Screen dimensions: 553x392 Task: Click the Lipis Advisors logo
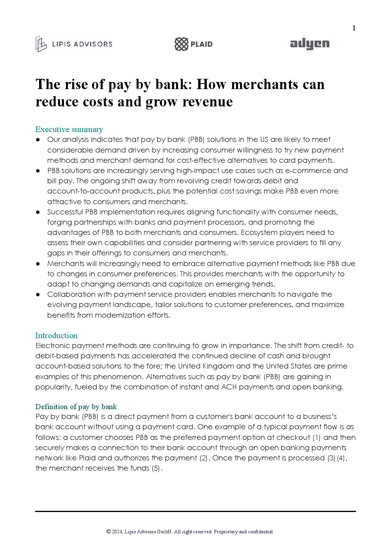pos(74,44)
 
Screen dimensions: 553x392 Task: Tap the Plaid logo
pos(193,44)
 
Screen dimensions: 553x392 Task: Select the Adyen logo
pos(309,44)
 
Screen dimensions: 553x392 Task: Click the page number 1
pos(354,28)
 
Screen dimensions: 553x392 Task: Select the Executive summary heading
pos(69,130)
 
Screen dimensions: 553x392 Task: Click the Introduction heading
pos(56,336)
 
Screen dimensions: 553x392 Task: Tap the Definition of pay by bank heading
pos(76,407)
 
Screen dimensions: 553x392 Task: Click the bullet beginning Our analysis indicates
pos(38,140)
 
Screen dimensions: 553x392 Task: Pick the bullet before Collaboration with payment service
pos(38,294)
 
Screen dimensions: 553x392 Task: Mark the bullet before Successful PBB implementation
pos(38,212)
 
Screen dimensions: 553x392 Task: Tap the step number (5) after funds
pos(156,468)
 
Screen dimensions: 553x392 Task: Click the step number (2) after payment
pos(204,458)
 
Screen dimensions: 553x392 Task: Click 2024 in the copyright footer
pos(117,532)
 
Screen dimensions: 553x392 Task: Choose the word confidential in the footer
pos(260,532)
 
